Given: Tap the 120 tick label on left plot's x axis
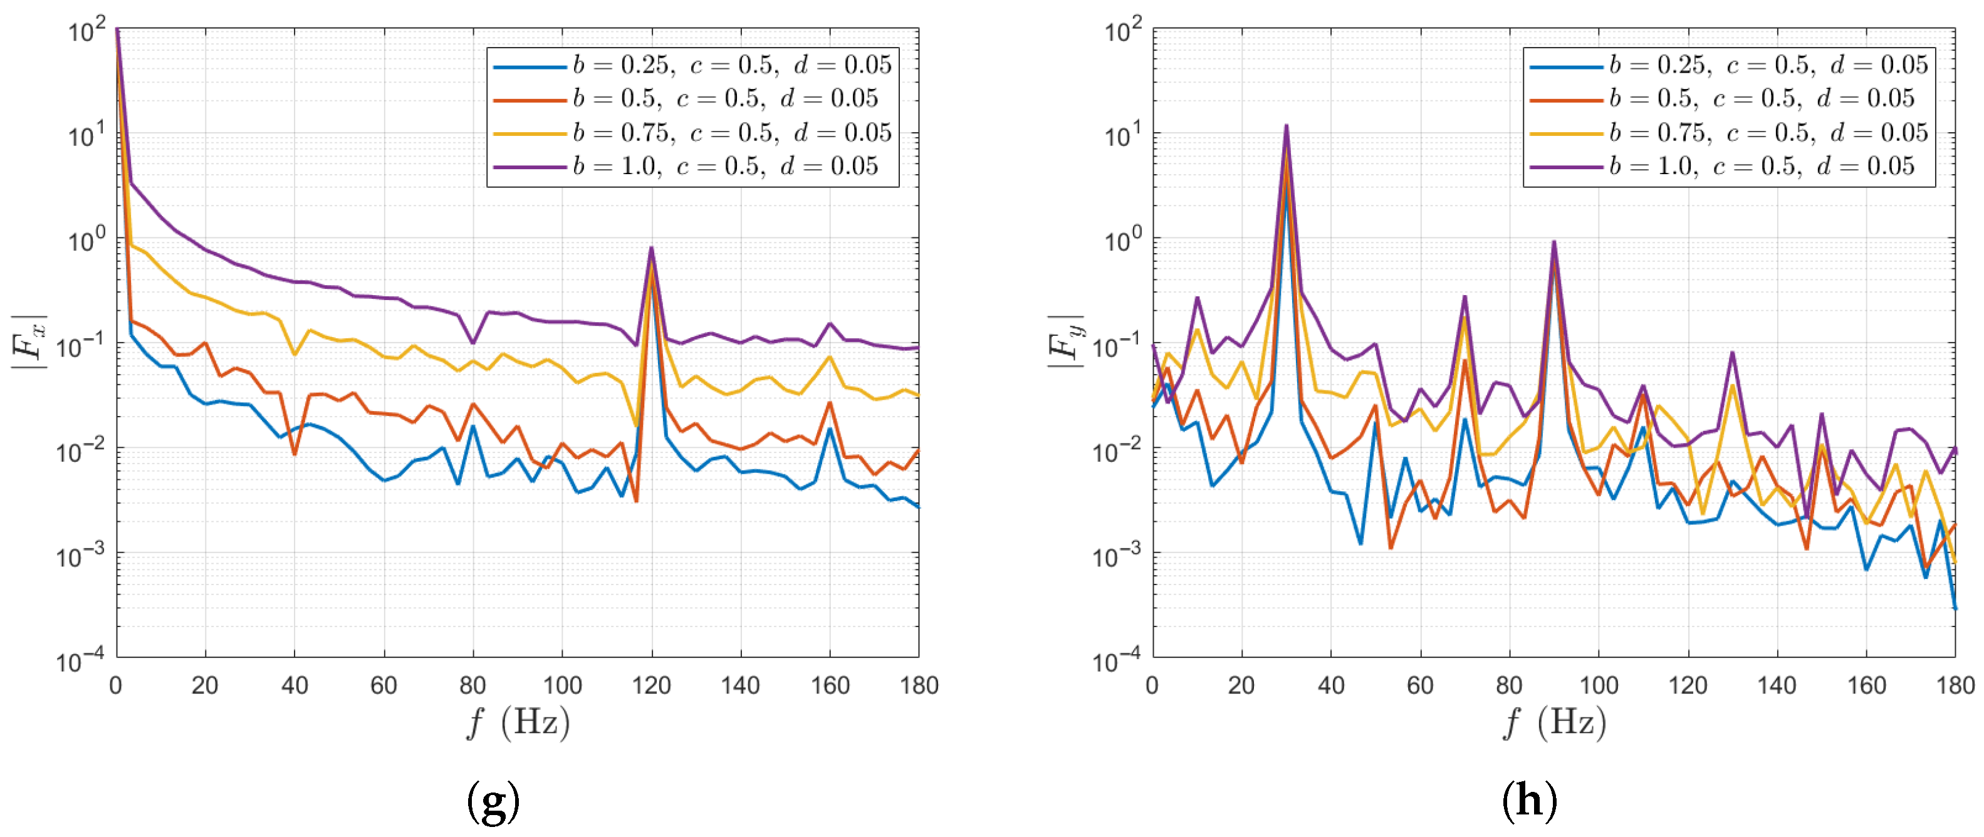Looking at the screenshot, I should [x=652, y=685].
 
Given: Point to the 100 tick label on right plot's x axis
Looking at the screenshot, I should [x=1598, y=685].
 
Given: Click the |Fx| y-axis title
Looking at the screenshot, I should [x=29, y=343].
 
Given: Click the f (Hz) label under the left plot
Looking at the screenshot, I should [x=518, y=723].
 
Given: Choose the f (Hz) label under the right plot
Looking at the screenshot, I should [x=1554, y=723].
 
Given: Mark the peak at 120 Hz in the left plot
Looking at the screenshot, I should [x=652, y=249].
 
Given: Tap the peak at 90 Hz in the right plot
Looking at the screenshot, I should [x=1553, y=242].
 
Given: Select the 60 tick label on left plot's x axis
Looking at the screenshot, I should [x=384, y=685].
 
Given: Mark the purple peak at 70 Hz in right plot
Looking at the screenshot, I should [x=1464, y=296].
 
